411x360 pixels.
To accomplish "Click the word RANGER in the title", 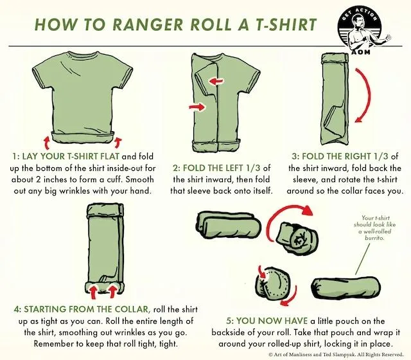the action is click(148, 24).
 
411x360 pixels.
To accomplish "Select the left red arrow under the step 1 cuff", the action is click(47, 142).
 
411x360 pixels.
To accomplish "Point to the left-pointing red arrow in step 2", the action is click(216, 82).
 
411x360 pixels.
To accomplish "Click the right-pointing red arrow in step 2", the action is click(197, 107).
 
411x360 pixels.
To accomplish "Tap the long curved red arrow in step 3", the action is click(364, 95).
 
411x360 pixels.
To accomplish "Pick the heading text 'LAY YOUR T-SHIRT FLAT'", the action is click(71, 156).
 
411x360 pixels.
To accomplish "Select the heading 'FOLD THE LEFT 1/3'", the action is click(222, 168).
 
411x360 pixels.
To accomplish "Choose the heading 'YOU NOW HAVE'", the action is click(272, 321).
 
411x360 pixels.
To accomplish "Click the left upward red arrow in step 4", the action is click(93, 292).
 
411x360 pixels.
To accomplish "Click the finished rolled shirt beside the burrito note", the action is click(346, 288).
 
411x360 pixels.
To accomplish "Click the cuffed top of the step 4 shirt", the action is click(105, 210).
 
